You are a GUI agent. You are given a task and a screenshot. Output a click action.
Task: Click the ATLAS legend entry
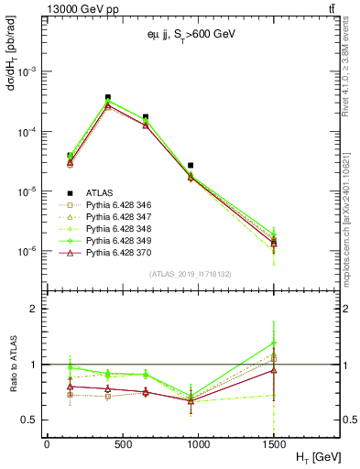pyautogui.click(x=100, y=191)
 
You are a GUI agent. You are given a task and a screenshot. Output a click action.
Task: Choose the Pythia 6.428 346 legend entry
pyautogui.click(x=125, y=204)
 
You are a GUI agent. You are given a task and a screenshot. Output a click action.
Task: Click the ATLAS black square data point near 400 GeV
pyautogui.click(x=108, y=97)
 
